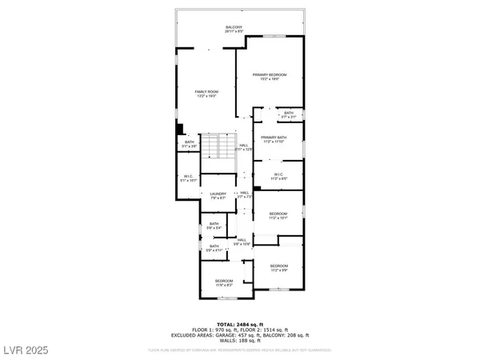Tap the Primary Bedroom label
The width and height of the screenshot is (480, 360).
click(x=270, y=74)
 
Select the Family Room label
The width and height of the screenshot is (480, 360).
click(x=207, y=92)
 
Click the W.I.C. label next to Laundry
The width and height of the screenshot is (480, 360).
click(x=188, y=177)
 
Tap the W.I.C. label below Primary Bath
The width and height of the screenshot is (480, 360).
click(x=279, y=174)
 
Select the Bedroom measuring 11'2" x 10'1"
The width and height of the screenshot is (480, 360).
click(x=278, y=214)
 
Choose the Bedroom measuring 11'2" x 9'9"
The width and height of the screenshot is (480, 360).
click(x=278, y=266)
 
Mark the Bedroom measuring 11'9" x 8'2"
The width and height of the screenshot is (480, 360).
click(x=223, y=281)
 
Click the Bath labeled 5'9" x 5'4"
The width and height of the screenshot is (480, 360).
click(x=214, y=223)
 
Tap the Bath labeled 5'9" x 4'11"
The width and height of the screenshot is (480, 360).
click(x=214, y=246)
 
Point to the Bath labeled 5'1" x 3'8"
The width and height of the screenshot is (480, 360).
click(x=189, y=143)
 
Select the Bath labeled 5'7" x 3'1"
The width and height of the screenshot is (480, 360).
click(x=289, y=113)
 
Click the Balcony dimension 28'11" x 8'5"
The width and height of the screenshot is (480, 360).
click(x=233, y=32)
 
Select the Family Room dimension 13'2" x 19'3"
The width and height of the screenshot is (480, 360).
click(x=207, y=96)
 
